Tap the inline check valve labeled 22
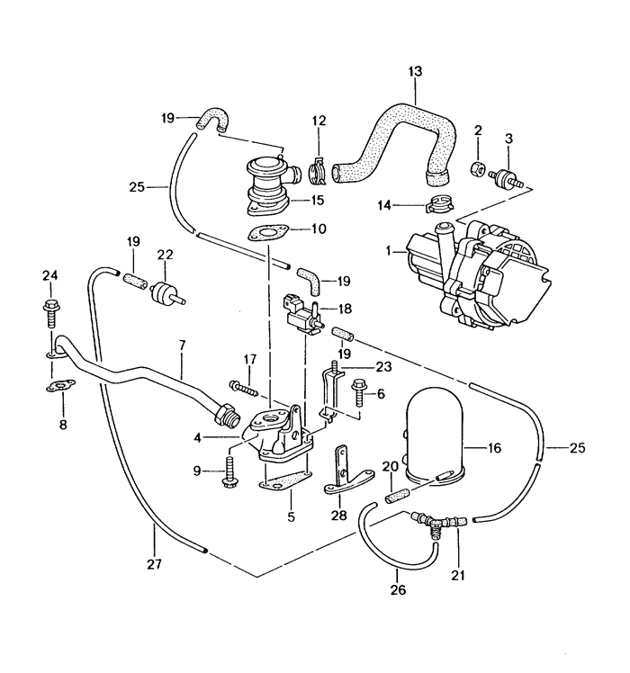(164, 292)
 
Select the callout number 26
(398, 590)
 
